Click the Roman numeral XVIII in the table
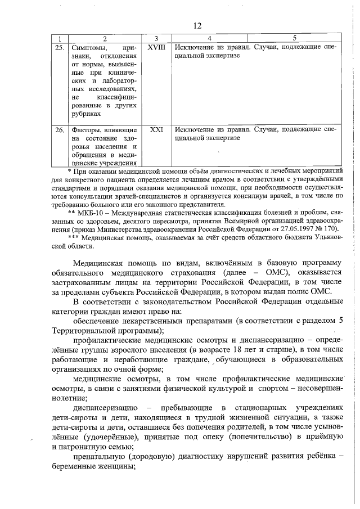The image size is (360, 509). click(x=156, y=48)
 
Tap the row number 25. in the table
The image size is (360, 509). click(x=58, y=48)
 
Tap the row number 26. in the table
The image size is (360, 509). click(x=58, y=129)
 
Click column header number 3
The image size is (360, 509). click(x=156, y=38)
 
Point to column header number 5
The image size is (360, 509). click(x=294, y=38)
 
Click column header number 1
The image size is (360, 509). click(x=58, y=38)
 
